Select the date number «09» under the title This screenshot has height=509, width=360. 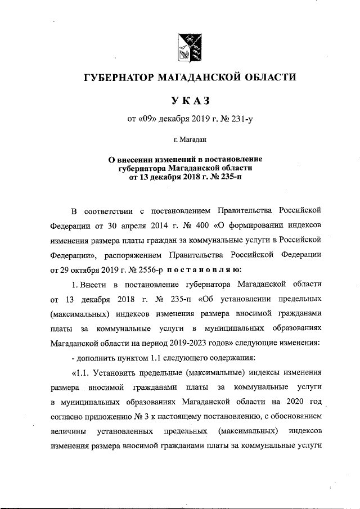[x=145, y=118]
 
